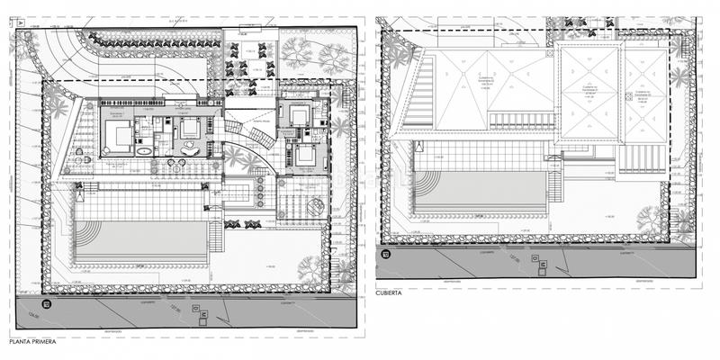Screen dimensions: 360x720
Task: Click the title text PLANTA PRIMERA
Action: click(32, 343)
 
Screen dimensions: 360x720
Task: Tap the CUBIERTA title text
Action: click(393, 292)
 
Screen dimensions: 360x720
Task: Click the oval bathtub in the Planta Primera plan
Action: click(143, 153)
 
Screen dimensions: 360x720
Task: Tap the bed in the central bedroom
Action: click(189, 128)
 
